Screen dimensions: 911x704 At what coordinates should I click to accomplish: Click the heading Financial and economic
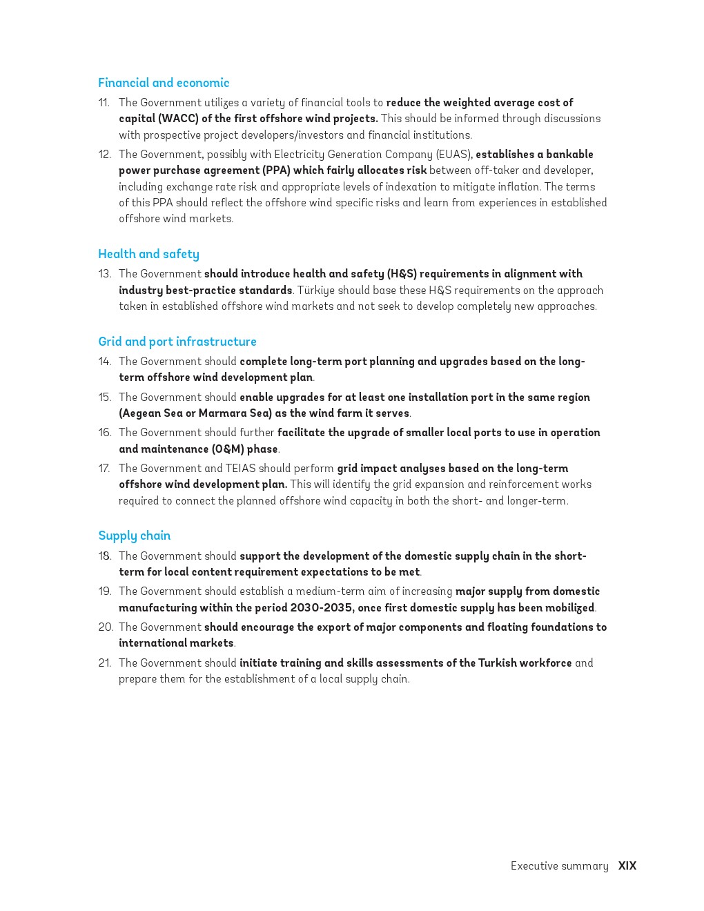pyautogui.click(x=164, y=83)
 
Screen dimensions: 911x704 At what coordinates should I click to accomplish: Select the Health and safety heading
pyautogui.click(x=148, y=254)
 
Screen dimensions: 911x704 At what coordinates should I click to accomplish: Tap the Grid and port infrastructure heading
pyautogui.click(x=177, y=342)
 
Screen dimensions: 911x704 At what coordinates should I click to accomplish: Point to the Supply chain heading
pyautogui.click(x=135, y=536)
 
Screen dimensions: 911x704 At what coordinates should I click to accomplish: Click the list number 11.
pyautogui.click(x=104, y=103)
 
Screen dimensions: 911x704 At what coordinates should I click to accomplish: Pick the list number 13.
pyautogui.click(x=105, y=274)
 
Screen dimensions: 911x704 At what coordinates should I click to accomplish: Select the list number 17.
pyautogui.click(x=104, y=469)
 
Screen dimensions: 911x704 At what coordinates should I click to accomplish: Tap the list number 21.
pyautogui.click(x=105, y=663)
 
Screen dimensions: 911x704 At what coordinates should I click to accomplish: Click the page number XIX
pyautogui.click(x=627, y=866)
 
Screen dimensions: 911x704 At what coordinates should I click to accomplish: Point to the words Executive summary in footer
pyautogui.click(x=559, y=866)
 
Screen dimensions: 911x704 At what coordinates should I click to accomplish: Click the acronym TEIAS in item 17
pyautogui.click(x=241, y=469)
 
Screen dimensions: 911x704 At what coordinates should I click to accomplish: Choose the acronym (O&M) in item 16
pyautogui.click(x=228, y=449)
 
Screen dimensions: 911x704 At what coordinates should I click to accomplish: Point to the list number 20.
pyautogui.click(x=106, y=627)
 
